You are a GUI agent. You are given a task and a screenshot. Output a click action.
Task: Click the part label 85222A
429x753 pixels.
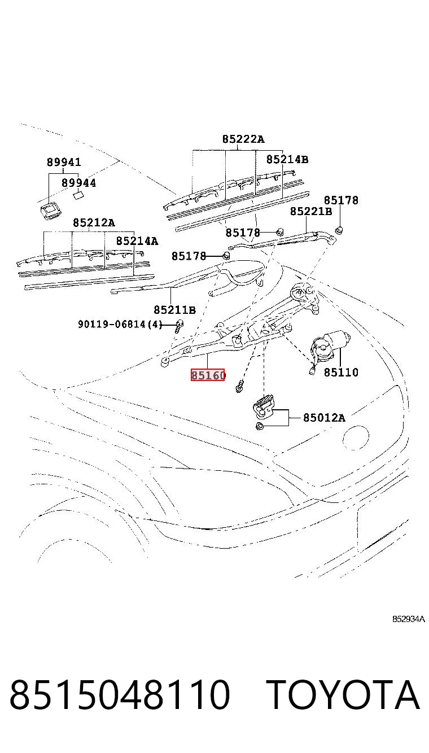click(243, 139)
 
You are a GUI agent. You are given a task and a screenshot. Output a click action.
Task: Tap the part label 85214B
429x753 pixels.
click(287, 159)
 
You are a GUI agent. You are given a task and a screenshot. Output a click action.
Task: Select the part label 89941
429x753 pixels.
click(64, 163)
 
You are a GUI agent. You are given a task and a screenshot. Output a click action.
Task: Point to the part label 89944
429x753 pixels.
click(78, 183)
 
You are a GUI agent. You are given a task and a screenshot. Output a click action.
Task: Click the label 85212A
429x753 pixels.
click(94, 222)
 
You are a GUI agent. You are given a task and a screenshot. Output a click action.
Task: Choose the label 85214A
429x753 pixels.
click(137, 241)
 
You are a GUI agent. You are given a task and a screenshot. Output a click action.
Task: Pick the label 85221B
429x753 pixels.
click(311, 212)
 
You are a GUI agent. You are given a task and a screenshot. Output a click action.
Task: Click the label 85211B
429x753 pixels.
click(174, 309)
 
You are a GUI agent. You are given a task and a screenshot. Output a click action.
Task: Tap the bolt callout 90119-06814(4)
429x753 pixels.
click(120, 325)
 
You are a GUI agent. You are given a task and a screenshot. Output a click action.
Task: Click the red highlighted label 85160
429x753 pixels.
click(208, 375)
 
